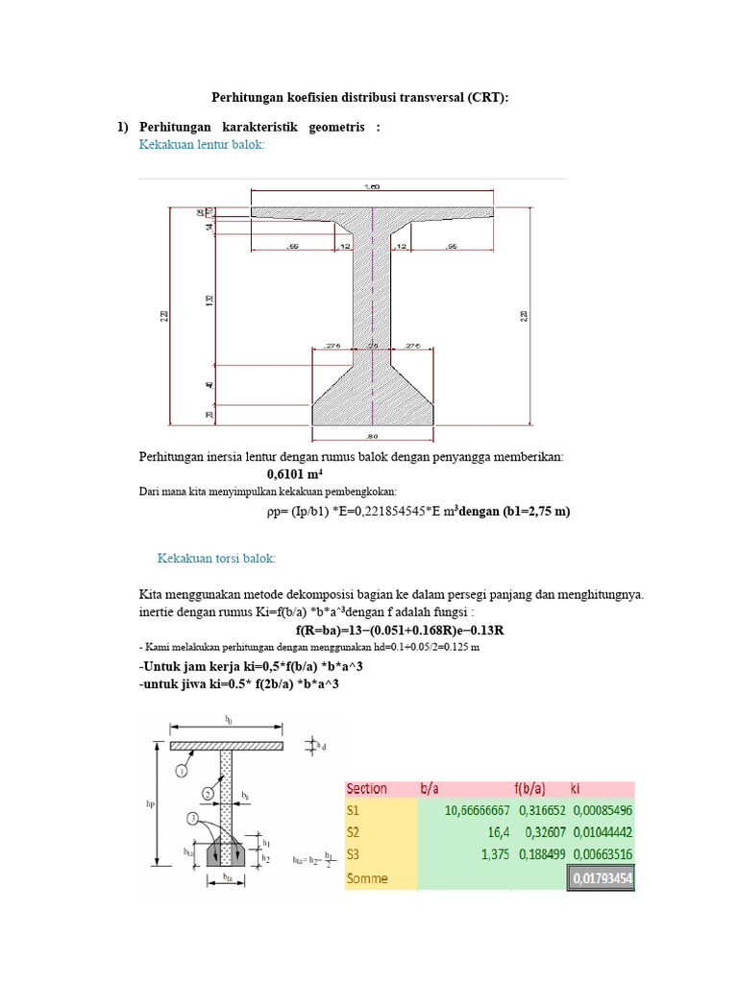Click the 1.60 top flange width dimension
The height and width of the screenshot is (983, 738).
[373, 186]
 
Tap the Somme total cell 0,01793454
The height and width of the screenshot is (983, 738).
[602, 876]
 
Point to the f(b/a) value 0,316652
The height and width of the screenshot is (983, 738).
[543, 810]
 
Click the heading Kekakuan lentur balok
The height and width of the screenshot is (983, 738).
[202, 144]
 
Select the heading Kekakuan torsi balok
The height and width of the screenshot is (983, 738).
[216, 558]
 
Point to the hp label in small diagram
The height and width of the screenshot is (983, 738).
[150, 805]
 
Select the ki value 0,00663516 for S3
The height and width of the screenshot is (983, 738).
[602, 854]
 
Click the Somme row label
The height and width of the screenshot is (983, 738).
[365, 876]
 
